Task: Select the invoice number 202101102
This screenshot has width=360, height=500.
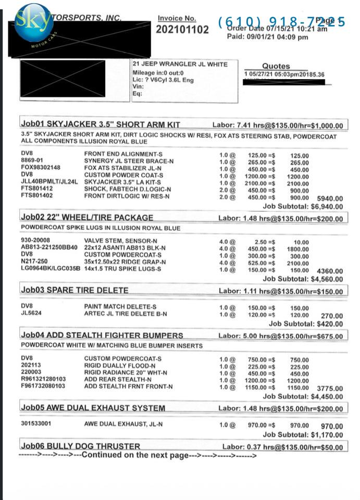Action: coord(182,30)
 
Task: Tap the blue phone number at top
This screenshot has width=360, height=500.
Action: coord(281,22)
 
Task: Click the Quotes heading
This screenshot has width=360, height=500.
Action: coord(276,66)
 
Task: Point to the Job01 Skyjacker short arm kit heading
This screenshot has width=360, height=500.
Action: coord(100,125)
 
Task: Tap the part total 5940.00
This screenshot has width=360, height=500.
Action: coord(330,198)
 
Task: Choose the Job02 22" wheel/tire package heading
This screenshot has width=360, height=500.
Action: coord(87,217)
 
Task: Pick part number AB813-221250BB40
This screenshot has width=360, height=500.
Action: coord(49,248)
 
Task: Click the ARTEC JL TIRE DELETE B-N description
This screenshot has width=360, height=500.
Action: coord(126,314)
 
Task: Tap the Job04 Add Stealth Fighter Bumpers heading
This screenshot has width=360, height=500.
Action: coord(102,335)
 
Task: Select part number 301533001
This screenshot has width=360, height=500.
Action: coord(36,423)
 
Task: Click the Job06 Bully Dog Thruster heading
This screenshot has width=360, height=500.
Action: coord(80,446)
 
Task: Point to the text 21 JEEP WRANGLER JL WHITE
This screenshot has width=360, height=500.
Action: coord(180,64)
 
